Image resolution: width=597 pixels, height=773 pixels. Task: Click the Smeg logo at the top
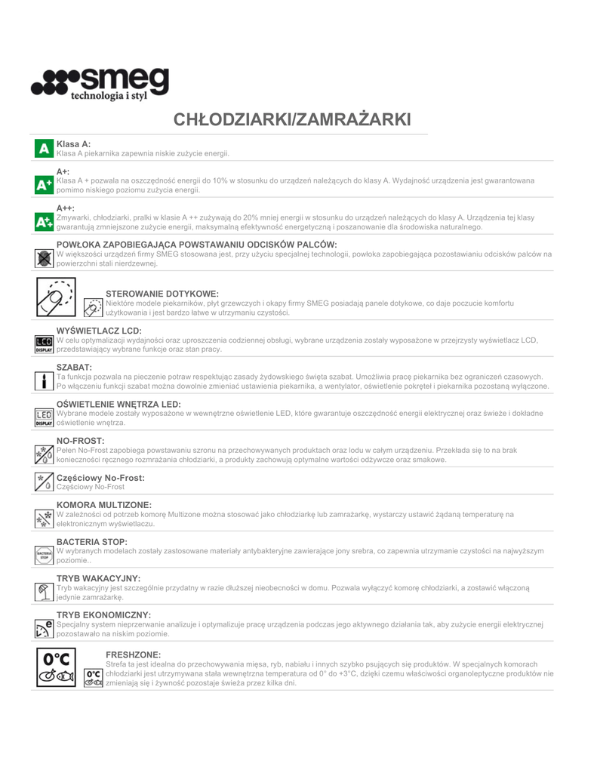100,84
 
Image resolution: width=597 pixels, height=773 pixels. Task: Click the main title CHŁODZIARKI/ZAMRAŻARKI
292,120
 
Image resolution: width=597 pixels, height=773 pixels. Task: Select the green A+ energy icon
45,183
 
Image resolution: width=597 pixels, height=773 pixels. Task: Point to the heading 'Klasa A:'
73,143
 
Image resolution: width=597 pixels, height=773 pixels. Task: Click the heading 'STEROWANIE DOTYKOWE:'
162,293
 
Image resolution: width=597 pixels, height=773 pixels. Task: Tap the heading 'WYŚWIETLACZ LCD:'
99,331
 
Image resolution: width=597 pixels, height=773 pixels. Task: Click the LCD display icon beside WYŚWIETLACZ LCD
45,345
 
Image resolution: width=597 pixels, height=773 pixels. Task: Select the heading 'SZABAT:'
74,367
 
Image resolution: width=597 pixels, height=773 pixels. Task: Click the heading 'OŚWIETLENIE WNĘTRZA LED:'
118,404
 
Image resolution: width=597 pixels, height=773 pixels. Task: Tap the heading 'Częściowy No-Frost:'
100,477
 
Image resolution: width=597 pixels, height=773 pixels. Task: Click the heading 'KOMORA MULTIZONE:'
104,504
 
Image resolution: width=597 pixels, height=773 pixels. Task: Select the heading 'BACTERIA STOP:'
91,541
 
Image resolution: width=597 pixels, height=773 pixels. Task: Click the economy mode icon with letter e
45,629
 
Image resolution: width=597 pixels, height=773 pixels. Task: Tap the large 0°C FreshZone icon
57,666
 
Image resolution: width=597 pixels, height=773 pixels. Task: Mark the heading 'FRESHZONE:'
134,654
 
